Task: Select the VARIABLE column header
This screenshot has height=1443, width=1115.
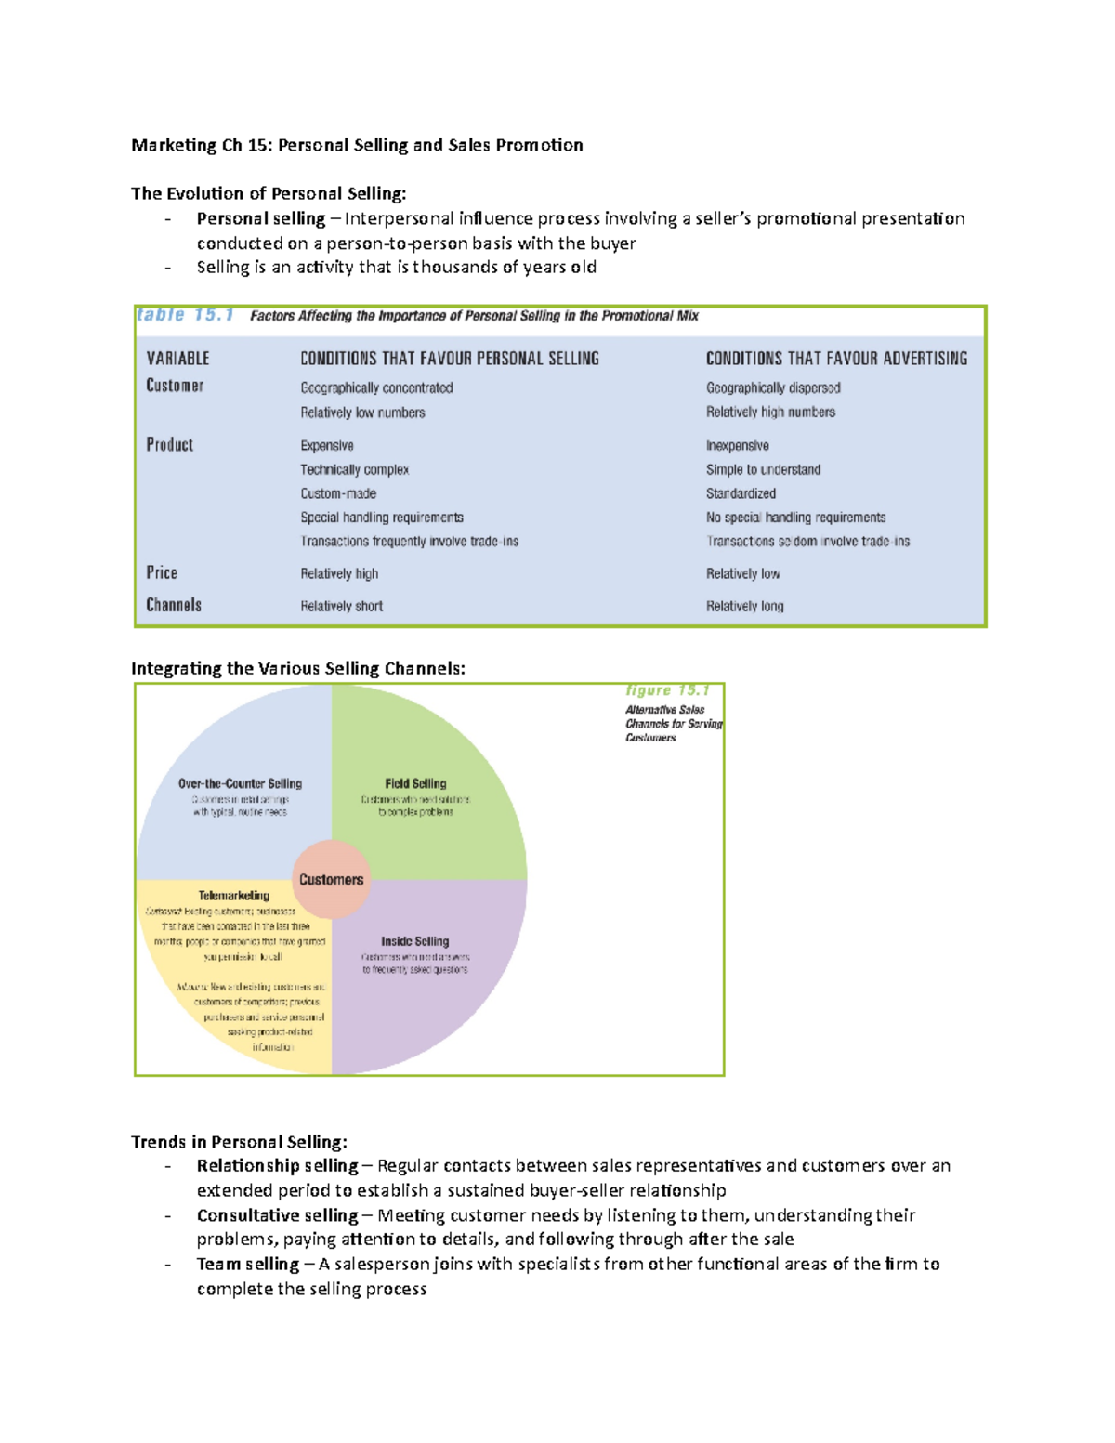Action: tap(177, 359)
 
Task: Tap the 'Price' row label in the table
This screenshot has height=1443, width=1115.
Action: tap(162, 572)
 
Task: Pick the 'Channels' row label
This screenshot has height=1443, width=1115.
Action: tap(174, 605)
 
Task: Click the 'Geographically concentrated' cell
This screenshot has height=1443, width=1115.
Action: tap(376, 387)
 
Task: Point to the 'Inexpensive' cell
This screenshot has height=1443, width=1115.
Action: tap(737, 445)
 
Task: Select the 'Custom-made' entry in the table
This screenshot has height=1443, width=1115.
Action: tap(338, 493)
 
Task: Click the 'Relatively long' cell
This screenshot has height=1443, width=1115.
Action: tap(744, 606)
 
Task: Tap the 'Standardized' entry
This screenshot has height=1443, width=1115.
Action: tap(741, 493)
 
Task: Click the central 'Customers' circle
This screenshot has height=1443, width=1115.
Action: tap(331, 879)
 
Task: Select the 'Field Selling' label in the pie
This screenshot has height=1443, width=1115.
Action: tap(415, 783)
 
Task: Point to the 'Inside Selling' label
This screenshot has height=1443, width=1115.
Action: tap(414, 941)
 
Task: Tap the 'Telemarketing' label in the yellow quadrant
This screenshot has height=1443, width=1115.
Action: tap(233, 896)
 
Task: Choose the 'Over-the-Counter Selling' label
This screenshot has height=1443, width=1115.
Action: tap(240, 783)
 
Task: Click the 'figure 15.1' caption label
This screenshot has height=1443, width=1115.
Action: tap(667, 690)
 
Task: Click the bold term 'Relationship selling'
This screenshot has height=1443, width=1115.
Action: tap(277, 1165)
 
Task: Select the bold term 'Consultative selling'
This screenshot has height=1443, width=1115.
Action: tap(277, 1214)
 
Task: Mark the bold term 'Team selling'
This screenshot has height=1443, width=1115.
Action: tap(247, 1264)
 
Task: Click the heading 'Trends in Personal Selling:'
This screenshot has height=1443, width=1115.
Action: tap(239, 1141)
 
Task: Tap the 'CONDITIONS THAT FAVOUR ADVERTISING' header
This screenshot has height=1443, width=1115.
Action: tap(836, 359)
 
